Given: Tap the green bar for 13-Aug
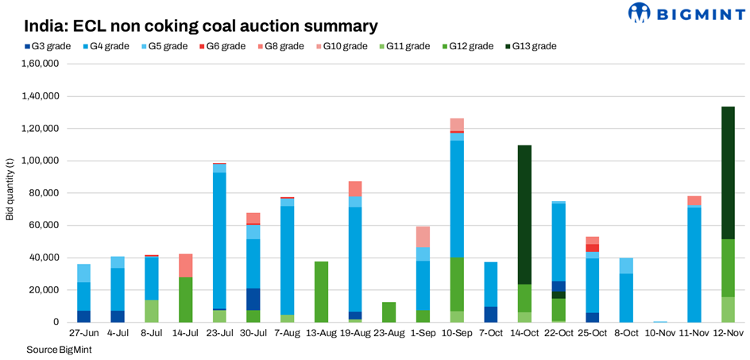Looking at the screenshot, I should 321,292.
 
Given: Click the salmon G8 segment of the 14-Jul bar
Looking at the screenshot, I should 185,265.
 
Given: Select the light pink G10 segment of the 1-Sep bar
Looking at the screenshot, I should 423,237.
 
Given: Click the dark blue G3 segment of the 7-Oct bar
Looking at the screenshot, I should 491,314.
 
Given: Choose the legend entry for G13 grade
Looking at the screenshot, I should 532,46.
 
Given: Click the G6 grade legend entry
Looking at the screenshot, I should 225,46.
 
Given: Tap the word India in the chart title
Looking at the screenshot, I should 46,26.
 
